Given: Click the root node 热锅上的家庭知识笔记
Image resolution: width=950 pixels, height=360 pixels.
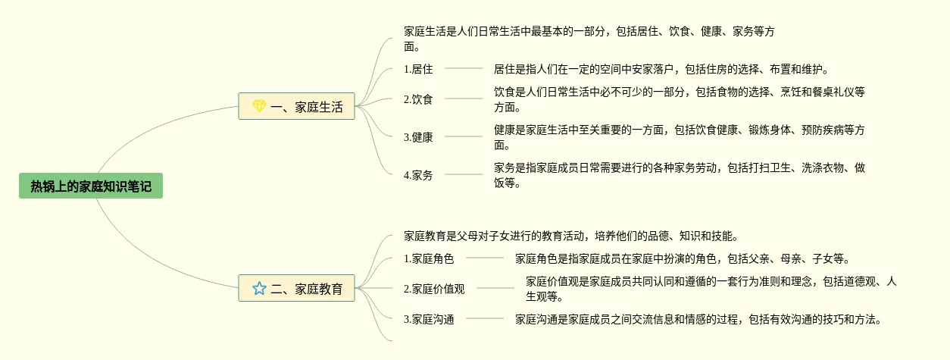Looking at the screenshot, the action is tap(91, 186).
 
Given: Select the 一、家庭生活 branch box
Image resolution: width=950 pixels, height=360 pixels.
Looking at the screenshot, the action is tap(296, 107).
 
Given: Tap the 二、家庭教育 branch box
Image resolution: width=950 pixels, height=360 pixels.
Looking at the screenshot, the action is tap(296, 288).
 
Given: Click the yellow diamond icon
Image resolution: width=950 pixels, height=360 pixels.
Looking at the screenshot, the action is tap(259, 107).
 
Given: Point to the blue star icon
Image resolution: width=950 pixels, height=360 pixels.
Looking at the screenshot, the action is tap(259, 288).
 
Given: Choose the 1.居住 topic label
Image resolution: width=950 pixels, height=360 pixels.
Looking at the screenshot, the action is tap(418, 69).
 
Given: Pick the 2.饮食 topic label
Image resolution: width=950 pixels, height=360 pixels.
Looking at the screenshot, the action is tap(418, 99).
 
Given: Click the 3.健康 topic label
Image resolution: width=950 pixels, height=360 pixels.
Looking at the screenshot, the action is tap(418, 137).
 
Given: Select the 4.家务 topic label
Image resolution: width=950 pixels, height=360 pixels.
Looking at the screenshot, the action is tap(418, 175).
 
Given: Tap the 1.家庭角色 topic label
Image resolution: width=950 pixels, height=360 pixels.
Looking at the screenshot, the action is tap(429, 258).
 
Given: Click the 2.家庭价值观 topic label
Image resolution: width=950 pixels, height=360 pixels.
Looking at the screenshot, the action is tap(434, 289).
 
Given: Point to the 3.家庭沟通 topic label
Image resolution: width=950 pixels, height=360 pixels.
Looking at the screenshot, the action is tap(429, 319).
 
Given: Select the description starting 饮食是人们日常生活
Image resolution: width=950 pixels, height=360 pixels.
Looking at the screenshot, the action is tap(679, 99).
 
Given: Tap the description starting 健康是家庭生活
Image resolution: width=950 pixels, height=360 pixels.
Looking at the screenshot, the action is tap(679, 137).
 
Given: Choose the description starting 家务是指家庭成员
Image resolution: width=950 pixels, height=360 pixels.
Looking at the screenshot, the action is tap(679, 175).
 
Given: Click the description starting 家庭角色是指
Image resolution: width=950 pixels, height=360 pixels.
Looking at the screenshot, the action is tap(682, 258).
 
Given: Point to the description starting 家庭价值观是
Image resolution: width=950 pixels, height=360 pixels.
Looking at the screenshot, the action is tap(711, 289).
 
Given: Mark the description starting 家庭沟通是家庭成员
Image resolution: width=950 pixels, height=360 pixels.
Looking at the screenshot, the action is tap(698, 319).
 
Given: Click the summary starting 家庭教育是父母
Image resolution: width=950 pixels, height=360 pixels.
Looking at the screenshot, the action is tap(571, 236).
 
